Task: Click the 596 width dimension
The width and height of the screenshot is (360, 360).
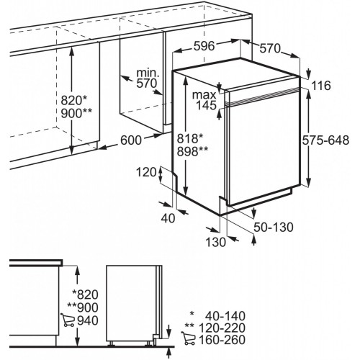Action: (204, 45)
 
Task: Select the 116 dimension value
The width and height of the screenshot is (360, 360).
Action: (321, 86)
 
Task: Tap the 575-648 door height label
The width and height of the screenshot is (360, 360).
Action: (325, 140)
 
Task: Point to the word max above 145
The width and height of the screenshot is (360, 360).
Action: (204, 95)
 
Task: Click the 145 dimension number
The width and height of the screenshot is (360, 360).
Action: (206, 105)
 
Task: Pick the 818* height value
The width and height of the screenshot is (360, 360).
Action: (190, 138)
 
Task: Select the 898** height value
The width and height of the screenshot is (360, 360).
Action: (192, 151)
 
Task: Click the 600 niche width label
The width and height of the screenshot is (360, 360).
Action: (131, 140)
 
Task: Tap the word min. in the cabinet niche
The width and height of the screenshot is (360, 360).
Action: (148, 73)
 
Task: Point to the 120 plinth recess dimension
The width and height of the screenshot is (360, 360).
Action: (146, 172)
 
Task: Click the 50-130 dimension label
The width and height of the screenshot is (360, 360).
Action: (274, 227)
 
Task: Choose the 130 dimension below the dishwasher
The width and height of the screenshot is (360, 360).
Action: (216, 242)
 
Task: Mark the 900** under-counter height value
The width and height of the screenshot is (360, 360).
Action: (76, 113)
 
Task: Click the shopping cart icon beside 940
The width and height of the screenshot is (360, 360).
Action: (68, 320)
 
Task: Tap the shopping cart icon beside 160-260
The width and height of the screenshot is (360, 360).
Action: (189, 338)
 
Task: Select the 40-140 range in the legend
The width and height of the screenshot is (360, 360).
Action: (225, 316)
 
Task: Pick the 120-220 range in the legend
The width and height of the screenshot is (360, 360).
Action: (222, 328)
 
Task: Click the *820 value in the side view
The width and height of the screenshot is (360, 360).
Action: (86, 294)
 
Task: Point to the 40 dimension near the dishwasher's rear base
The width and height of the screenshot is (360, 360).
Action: (168, 218)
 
